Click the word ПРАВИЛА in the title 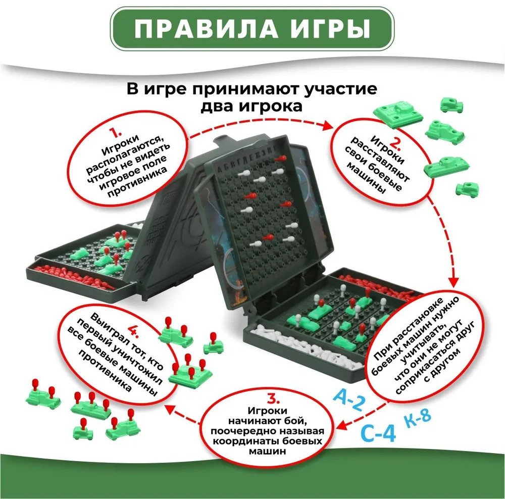pyautogui.click(x=206, y=28)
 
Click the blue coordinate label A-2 pyautogui.click(x=350, y=400)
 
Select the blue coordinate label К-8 pyautogui.click(x=417, y=419)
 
